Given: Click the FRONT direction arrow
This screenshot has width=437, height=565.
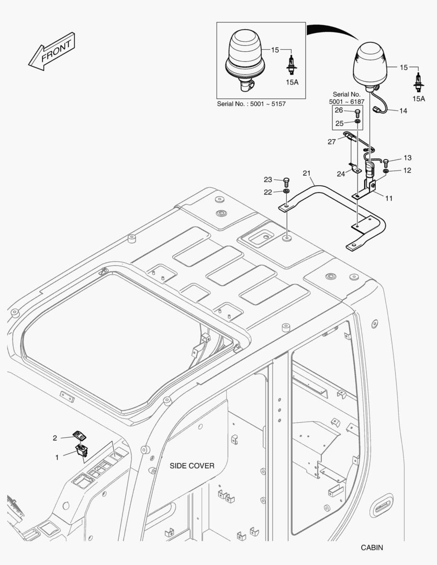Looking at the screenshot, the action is click(x=52, y=51).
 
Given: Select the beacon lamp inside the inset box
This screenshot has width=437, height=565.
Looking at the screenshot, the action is click(x=245, y=60).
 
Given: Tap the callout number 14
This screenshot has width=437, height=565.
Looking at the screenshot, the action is click(x=403, y=110).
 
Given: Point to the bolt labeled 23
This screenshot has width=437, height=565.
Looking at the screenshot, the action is click(x=287, y=181).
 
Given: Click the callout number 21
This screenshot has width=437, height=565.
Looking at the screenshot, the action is click(x=307, y=173).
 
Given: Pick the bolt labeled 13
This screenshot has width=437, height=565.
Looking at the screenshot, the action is click(x=386, y=162).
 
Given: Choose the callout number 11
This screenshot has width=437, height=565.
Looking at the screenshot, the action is click(x=389, y=198).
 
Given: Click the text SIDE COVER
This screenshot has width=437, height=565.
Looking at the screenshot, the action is click(x=192, y=466).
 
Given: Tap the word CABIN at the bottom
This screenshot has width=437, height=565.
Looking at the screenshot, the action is click(x=372, y=548).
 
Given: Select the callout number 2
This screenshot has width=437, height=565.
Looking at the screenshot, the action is click(x=55, y=438).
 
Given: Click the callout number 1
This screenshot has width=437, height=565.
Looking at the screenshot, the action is click(x=57, y=457).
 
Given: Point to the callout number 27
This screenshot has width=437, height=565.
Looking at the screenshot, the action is click(x=332, y=142).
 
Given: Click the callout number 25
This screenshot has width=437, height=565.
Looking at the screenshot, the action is click(x=339, y=123).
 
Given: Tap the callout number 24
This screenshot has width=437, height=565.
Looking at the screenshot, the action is click(x=341, y=174).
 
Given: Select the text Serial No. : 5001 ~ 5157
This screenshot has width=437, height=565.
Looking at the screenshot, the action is click(x=251, y=104).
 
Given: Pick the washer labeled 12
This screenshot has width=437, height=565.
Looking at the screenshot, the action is click(x=386, y=171).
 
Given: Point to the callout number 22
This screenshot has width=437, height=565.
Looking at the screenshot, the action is click(x=267, y=193).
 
